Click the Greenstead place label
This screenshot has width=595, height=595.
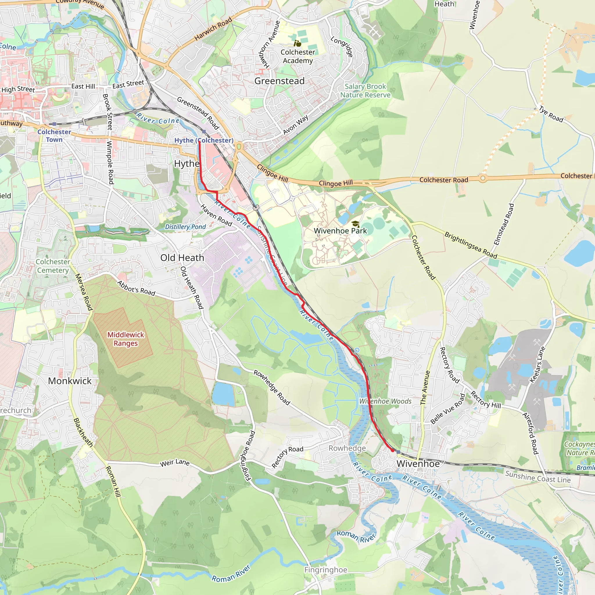click(x=279, y=81)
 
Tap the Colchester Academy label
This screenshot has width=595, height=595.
click(x=298, y=56)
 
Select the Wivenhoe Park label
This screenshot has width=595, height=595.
click(x=340, y=231)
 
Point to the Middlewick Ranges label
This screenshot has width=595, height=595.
click(x=126, y=339)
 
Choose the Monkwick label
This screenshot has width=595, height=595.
click(x=70, y=381)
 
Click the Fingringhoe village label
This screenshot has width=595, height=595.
click(x=325, y=570)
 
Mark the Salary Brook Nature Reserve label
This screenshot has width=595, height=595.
click(x=365, y=91)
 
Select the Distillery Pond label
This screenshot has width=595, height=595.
click(x=185, y=227)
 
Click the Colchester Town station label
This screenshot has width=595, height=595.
click(x=54, y=135)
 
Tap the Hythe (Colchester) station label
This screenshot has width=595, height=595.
click(x=204, y=140)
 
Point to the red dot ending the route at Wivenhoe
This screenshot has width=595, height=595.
click(x=392, y=450)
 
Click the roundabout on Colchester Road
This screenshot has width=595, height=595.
click(x=483, y=178)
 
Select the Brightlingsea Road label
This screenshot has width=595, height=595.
click(x=471, y=245)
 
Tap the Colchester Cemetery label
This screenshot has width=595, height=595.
click(x=53, y=266)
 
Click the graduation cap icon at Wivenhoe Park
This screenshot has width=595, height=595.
click(x=355, y=224)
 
